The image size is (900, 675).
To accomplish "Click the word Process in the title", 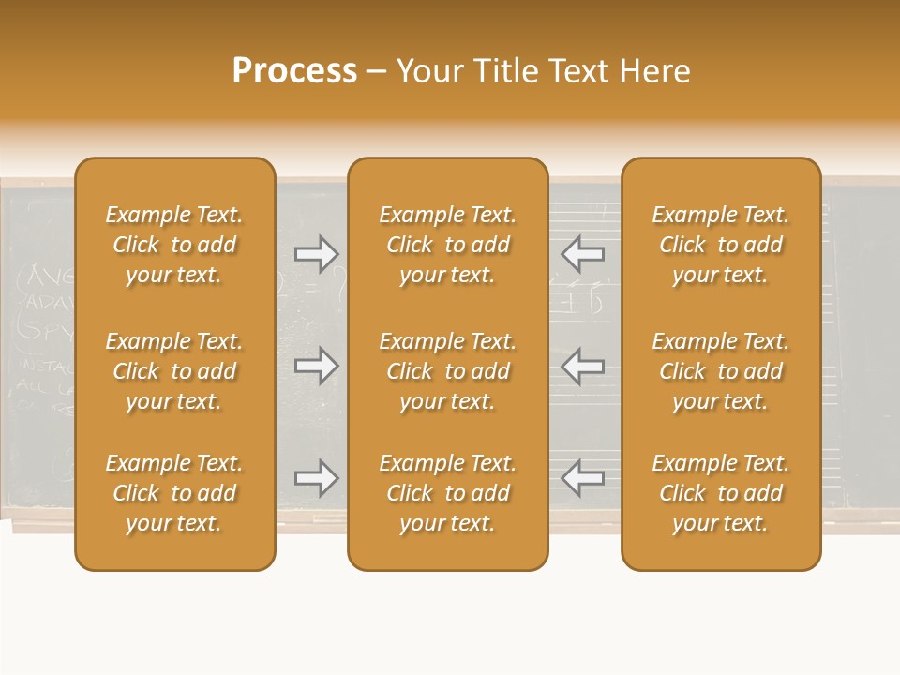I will tap(294, 71).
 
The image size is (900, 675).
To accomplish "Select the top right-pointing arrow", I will tap(316, 253).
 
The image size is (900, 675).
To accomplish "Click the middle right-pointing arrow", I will tap(316, 366).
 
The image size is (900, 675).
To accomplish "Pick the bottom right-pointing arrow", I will tap(316, 478).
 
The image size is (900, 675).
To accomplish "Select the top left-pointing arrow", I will tap(582, 253).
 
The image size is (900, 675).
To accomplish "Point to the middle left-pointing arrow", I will tap(582, 366).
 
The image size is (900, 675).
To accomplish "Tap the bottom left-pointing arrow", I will tap(582, 478).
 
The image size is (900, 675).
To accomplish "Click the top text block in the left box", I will tap(174, 245).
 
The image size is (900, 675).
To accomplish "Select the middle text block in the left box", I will tap(174, 371).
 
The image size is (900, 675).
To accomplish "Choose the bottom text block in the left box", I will tap(174, 493).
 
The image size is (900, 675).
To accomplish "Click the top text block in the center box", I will tap(448, 245).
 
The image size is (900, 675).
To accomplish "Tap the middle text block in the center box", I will tap(448, 371).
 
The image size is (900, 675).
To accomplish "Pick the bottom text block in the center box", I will tap(448, 493).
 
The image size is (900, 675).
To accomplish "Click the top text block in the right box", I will tap(721, 245).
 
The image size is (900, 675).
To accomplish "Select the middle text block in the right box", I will tap(721, 371).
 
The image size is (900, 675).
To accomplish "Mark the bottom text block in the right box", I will tap(721, 493).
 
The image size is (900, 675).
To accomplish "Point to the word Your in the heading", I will tap(430, 71).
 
